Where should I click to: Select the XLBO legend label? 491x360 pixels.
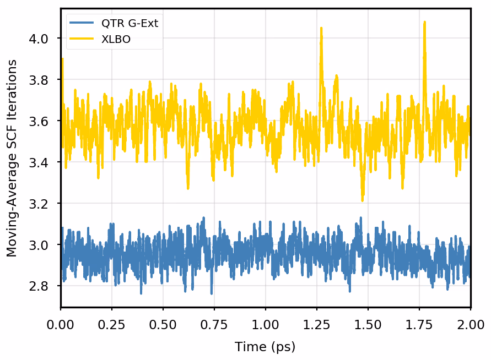116,40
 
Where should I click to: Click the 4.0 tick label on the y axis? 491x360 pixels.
42,39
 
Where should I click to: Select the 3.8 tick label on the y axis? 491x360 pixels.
42,80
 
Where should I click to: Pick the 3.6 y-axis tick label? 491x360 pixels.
42,121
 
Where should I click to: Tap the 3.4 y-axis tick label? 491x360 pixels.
42,162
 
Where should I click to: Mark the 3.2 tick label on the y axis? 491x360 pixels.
42,204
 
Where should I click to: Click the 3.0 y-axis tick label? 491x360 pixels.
42,245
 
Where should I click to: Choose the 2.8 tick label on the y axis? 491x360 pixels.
42,286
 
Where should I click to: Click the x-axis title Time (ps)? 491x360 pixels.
265,347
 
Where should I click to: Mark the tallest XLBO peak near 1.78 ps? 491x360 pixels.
424,23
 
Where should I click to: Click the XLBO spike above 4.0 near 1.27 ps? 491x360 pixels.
322,29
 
